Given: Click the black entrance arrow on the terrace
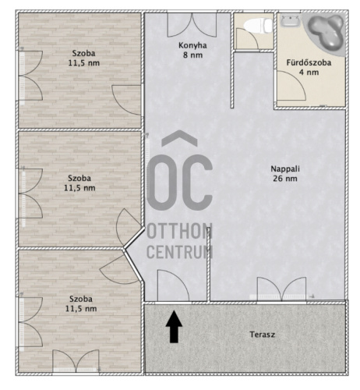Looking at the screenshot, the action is [x=174, y=327].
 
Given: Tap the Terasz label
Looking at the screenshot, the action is [x=262, y=335].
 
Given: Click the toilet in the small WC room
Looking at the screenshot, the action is [x=258, y=26].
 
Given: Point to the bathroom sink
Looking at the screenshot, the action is [x=290, y=20].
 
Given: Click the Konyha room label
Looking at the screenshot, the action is [x=192, y=45].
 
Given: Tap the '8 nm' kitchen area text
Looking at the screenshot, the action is [x=192, y=55].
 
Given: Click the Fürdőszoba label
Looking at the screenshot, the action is [x=309, y=62].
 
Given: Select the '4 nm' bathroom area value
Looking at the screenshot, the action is [x=309, y=73].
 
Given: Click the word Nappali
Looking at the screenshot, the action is [x=285, y=169].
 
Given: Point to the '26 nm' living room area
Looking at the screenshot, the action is [x=285, y=179].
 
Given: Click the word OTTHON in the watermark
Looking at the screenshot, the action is [x=180, y=231].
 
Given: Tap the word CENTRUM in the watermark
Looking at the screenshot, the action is [x=180, y=252].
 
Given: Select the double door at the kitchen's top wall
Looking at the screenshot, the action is [x=192, y=25].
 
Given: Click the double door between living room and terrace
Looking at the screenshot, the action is [x=281, y=289].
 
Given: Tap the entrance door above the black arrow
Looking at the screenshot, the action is [x=173, y=285].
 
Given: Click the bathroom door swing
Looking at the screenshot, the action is [x=291, y=85].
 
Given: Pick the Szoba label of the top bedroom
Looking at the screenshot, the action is [x=83, y=53].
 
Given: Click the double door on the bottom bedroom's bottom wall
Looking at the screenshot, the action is [x=76, y=361].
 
